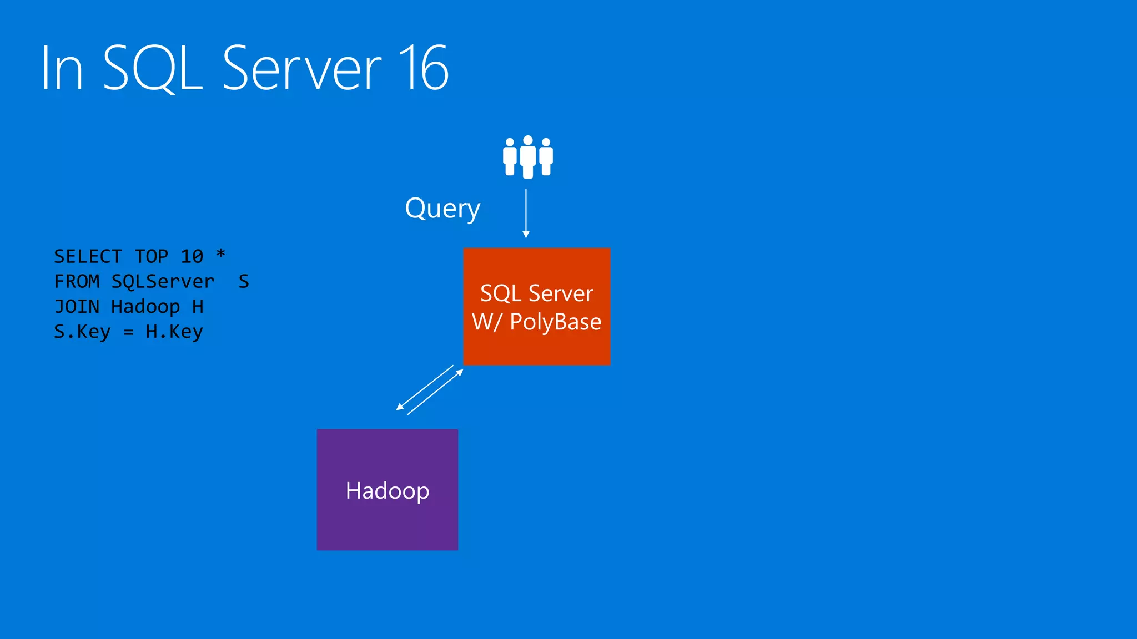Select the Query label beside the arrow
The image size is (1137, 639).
point(442,209)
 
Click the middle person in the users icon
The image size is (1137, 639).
point(528,157)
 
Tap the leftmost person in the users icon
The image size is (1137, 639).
point(510,158)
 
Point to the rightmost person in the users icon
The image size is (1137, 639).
point(546,158)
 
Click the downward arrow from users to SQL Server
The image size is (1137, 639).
point(526,214)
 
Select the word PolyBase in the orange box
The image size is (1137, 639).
point(555,322)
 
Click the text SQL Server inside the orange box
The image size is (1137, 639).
point(536,293)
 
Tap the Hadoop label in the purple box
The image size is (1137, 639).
point(387,491)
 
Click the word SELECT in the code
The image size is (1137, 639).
point(88,257)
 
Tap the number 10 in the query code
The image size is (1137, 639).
point(192,257)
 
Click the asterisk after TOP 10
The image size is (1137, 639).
point(220,254)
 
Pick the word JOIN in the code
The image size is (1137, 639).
point(77,307)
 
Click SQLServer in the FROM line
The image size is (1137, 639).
point(163,282)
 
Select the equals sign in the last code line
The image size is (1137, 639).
point(128,332)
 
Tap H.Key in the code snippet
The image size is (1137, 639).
point(174,332)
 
